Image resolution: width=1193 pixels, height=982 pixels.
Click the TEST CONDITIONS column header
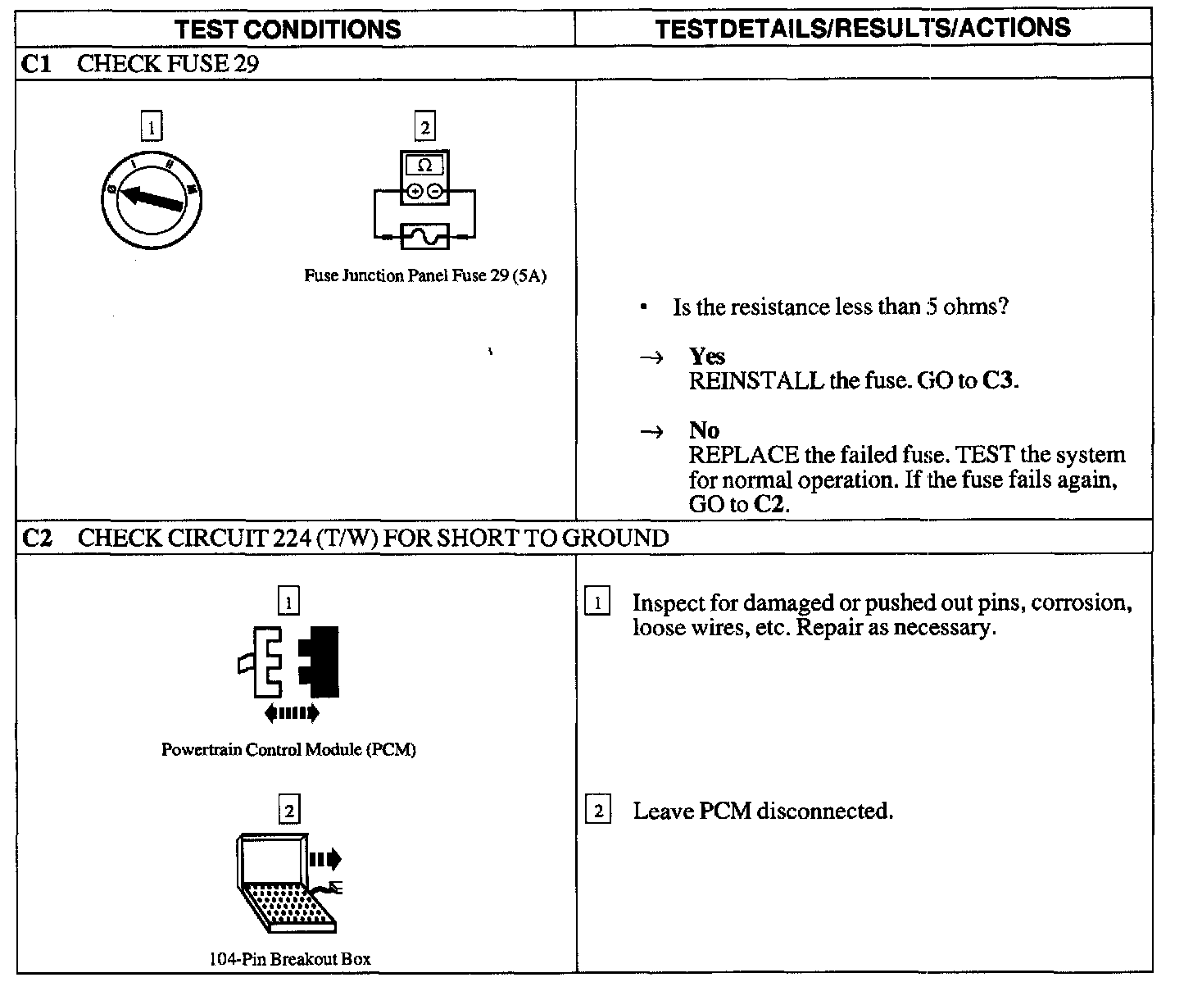pos(288,30)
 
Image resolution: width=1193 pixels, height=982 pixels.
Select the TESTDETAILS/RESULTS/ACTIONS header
pos(863,29)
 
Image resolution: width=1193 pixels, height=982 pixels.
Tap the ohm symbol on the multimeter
pos(424,165)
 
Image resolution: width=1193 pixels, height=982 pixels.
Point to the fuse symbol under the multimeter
pos(424,237)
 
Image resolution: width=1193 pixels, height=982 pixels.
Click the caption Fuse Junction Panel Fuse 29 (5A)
pos(424,275)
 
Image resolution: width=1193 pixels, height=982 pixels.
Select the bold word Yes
pos(706,356)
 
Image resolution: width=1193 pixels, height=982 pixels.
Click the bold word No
pos(704,430)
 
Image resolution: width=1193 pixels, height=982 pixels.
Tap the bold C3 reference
pos(999,381)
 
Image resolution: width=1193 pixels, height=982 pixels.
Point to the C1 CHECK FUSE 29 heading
pos(139,64)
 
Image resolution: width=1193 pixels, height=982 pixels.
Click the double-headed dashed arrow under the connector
pos(292,714)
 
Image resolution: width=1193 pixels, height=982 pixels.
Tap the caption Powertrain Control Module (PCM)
pos(288,750)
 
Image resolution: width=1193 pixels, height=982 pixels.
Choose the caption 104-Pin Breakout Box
pos(289,958)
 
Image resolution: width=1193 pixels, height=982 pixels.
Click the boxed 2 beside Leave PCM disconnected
pos(598,811)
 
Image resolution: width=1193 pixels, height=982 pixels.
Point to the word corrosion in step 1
pos(1082,603)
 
